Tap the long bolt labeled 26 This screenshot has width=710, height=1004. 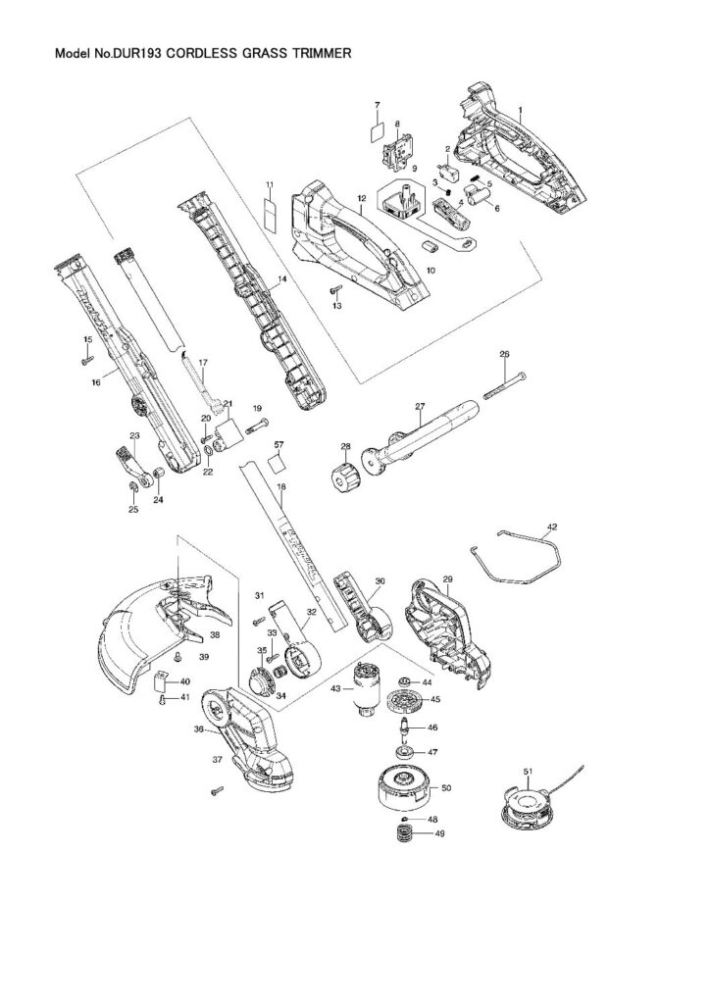pos(506,384)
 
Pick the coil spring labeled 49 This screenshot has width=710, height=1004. pos(404,839)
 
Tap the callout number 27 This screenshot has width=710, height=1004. pos(419,406)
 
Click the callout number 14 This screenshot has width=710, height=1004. pos(281,279)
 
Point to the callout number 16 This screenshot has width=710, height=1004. pos(96,382)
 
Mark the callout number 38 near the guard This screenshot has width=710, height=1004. pos(215,634)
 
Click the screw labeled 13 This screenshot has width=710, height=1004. pos(335,291)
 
